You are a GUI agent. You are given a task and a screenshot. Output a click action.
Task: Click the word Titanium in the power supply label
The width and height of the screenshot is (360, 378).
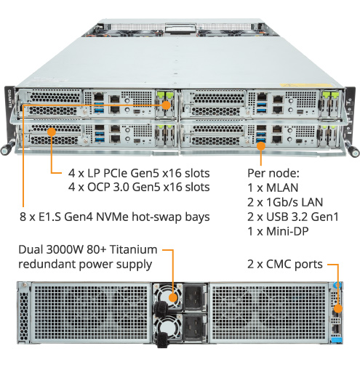coord(133,249)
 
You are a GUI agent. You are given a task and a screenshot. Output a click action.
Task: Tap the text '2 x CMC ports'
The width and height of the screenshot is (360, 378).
coord(285,264)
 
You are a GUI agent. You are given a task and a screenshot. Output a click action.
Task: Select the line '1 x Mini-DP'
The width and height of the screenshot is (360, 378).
coord(278,231)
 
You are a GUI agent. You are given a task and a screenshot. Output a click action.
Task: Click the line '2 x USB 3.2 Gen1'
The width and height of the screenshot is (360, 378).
coord(293,217)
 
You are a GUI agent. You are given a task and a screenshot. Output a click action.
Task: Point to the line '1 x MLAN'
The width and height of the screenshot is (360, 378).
coord(273,188)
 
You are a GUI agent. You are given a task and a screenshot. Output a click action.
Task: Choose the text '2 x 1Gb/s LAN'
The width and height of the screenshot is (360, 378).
coord(285,202)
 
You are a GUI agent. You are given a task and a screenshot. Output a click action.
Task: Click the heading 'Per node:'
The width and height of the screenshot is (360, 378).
coord(273,173)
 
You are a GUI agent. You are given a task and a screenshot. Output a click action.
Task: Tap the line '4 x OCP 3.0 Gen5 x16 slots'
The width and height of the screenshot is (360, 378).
coord(139,187)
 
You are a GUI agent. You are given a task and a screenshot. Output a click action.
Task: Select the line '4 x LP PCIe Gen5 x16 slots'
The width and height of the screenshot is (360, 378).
coord(139,173)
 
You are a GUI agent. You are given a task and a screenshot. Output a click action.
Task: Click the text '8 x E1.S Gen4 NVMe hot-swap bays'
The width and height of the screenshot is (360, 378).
coord(115,217)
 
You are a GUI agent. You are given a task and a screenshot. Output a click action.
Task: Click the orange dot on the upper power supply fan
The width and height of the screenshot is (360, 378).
coord(173,297)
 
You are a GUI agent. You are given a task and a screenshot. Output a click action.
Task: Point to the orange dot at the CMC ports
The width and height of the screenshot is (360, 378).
coord(338,309)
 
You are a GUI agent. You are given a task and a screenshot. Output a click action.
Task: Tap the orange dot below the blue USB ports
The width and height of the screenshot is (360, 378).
coord(261,146)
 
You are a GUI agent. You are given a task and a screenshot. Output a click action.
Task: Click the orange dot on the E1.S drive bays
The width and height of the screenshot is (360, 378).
coord(167,105)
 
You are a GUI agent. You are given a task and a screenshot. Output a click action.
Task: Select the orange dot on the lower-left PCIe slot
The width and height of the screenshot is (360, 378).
coord(52,132)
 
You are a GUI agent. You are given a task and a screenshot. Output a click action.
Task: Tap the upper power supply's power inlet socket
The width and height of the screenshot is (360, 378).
coord(195,298)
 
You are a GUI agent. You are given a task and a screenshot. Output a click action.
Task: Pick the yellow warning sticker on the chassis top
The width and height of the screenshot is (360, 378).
coord(306,85)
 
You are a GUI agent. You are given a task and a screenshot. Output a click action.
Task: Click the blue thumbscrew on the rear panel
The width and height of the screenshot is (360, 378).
coord(337,285)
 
